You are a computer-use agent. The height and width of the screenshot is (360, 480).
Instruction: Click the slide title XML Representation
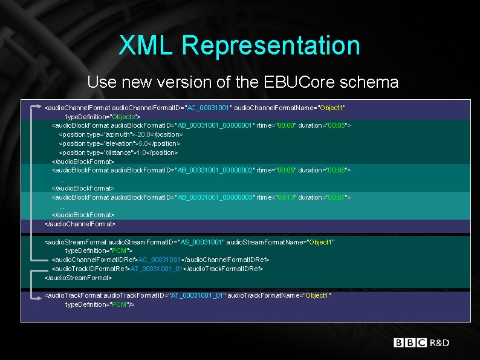point(239,45)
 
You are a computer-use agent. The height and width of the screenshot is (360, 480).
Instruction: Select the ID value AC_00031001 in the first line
point(209,108)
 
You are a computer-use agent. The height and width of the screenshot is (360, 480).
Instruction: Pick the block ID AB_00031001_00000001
point(215,125)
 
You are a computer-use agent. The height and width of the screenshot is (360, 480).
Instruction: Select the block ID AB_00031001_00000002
point(215,171)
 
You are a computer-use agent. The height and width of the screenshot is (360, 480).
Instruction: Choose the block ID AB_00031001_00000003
point(215,197)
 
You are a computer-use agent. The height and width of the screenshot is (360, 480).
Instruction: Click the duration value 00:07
point(337,197)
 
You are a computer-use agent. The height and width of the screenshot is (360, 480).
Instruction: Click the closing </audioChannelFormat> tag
point(80,224)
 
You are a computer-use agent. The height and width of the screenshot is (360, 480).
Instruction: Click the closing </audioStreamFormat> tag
point(79,278)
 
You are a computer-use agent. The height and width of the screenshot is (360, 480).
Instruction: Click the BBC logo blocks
point(410,343)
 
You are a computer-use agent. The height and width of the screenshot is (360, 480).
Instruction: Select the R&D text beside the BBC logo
point(439,343)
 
